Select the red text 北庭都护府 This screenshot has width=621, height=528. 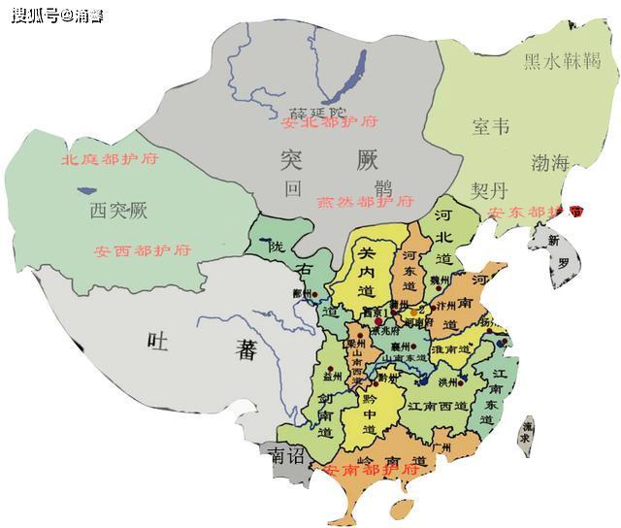click(109, 159)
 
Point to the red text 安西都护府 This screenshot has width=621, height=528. click(143, 250)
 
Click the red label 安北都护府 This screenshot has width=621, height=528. click(328, 122)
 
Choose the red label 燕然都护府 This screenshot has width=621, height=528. click(365, 202)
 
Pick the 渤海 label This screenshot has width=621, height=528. click(549, 162)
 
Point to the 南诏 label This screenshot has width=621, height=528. click(288, 454)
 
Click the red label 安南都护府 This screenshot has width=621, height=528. click(373, 470)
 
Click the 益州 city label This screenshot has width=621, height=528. click(335, 373)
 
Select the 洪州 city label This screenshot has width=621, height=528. click(447, 382)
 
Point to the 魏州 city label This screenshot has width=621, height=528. click(441, 280)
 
